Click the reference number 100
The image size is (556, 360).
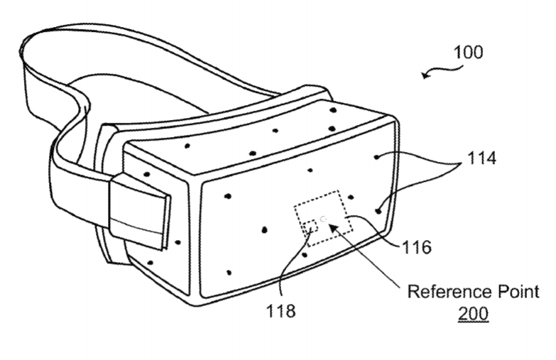coord(467,52)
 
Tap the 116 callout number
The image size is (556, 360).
coord(415,247)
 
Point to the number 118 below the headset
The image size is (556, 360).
coord(282,310)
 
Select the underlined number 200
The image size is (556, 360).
coord(474,312)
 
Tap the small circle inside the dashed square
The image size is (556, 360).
coord(323,219)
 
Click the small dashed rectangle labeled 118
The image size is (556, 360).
coord(310,227)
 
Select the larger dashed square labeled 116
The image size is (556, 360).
coord(324,218)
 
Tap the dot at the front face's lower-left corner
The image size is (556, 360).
coord(229,272)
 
